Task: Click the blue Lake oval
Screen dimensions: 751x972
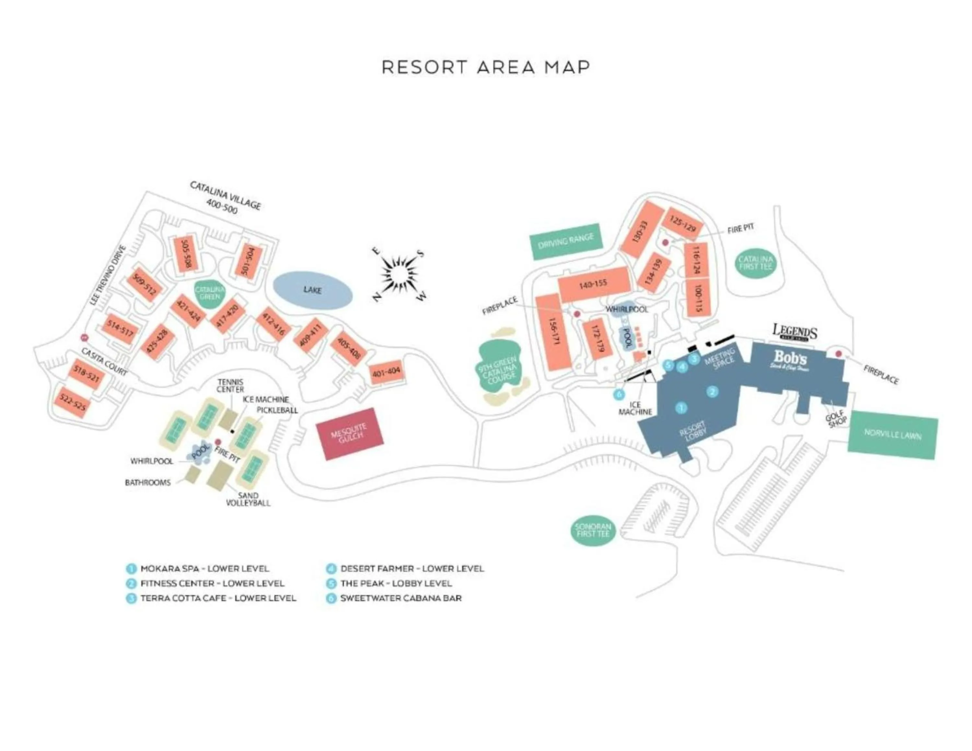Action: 312,290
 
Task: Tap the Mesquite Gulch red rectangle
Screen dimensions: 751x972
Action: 349,433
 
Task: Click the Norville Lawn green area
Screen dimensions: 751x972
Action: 892,435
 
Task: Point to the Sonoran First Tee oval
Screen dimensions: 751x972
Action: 593,530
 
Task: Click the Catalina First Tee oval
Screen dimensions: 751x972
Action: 755,263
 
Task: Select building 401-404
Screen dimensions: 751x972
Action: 386,372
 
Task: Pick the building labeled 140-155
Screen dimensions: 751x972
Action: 593,284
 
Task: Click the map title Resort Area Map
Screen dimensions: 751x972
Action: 486,67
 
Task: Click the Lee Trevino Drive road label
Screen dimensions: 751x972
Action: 108,275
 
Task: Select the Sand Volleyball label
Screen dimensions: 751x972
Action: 248,499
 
